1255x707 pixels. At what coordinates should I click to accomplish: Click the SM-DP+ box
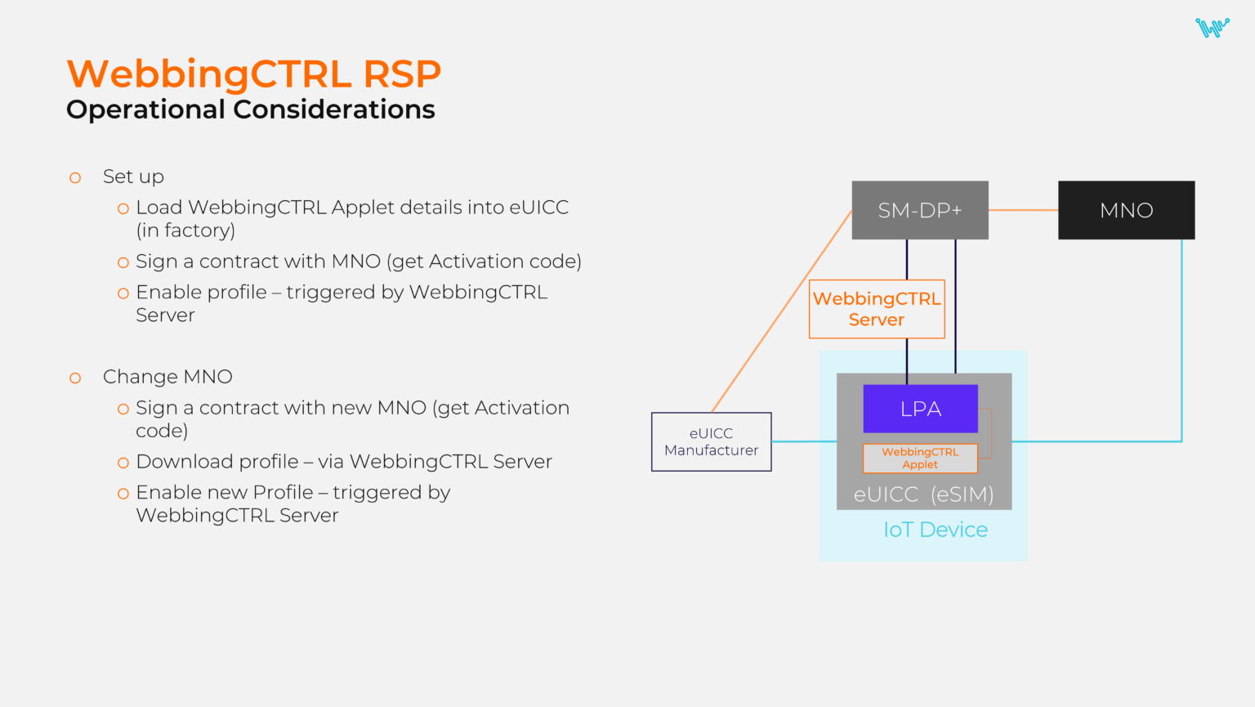920,210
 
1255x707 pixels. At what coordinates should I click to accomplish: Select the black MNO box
1126,210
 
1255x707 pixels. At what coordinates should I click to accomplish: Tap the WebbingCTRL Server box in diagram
877,309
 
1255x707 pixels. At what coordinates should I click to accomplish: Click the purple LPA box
920,409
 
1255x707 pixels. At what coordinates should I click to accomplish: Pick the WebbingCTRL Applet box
920,459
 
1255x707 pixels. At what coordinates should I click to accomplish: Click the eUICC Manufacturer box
711,441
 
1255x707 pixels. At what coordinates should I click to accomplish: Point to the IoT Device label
935,530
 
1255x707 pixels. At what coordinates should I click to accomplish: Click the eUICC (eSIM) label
923,494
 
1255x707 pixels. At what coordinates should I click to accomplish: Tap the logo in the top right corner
1212,28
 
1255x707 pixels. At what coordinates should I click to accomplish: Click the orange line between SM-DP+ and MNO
1023,210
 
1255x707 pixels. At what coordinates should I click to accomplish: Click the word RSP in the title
401,74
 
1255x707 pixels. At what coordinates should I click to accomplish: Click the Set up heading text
133,177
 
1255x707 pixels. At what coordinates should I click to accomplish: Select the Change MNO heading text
167,377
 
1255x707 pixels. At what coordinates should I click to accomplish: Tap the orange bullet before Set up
75,177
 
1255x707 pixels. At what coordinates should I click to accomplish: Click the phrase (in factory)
185,230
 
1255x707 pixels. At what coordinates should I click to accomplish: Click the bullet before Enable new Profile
123,494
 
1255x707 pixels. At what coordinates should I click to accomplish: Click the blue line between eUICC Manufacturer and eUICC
804,441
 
